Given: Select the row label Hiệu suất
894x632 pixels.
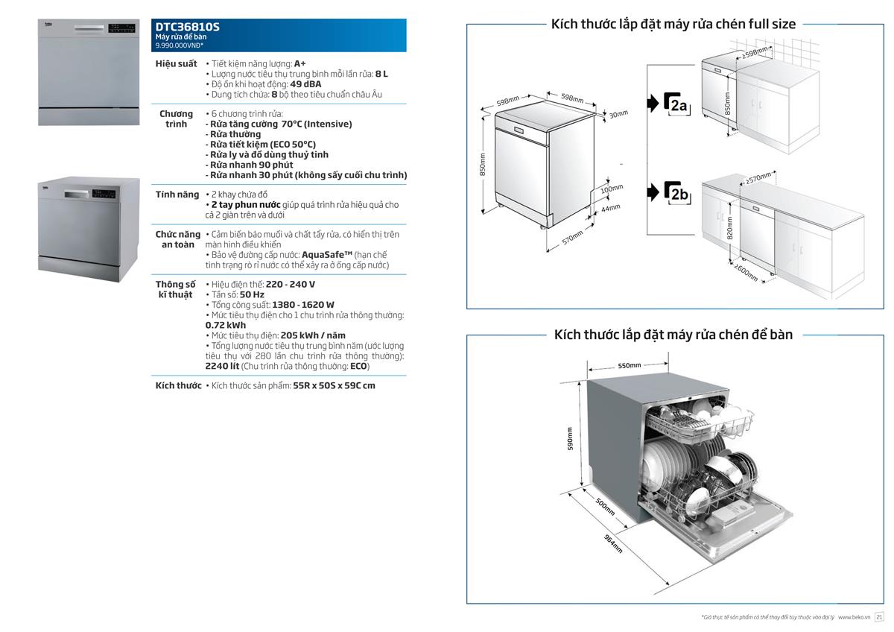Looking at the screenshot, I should [176, 63].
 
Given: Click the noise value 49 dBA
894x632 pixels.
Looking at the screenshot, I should [306, 84].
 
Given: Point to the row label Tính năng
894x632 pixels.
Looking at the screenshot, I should [177, 195].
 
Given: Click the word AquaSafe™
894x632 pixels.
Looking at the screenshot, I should [326, 255].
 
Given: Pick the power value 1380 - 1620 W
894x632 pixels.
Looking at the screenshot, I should [303, 305].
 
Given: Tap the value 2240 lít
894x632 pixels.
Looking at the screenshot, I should [221, 366].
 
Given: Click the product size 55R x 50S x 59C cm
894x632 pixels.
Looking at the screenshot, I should [334, 386].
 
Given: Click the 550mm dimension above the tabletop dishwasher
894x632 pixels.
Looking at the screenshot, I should [630, 365].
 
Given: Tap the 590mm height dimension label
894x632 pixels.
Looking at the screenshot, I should [571, 438].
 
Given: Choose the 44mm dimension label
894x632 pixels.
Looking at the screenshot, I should [610, 208].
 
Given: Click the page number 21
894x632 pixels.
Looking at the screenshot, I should [878, 617].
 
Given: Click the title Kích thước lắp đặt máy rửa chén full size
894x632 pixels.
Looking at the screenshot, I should [673, 24].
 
